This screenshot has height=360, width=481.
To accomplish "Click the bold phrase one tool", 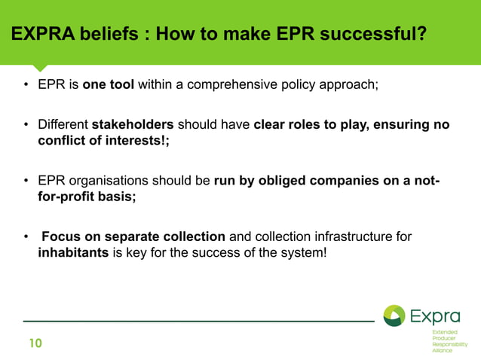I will pos(109,84).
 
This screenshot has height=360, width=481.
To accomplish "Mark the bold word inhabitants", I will pos(73,252).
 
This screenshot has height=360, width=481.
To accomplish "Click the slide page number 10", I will pos(35,344).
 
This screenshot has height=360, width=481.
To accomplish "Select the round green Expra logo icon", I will pos(394,316).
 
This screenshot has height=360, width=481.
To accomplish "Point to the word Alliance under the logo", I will pos(442,350).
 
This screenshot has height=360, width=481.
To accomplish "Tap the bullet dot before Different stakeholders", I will pos(26,125).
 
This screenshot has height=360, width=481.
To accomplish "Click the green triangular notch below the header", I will pos(39,68).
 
